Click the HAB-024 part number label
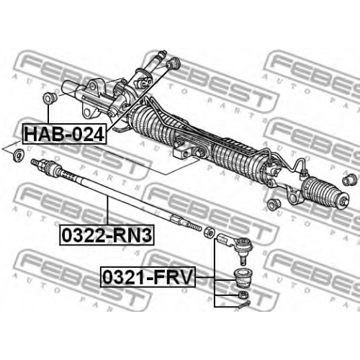(64, 134)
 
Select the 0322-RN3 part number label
(107, 235)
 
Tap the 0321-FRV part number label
(148, 277)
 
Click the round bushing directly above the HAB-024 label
(49, 98)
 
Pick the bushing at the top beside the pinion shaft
(174, 63)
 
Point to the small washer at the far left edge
(18, 156)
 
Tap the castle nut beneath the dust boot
(243, 294)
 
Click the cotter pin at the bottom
(245, 304)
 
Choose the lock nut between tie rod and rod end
(208, 232)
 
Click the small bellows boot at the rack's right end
(323, 192)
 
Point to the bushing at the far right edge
(348, 179)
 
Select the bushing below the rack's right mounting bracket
(274, 204)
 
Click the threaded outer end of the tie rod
(193, 225)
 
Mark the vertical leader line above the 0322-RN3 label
(107, 210)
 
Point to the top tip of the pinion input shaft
(164, 51)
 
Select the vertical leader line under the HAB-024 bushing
(49, 114)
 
